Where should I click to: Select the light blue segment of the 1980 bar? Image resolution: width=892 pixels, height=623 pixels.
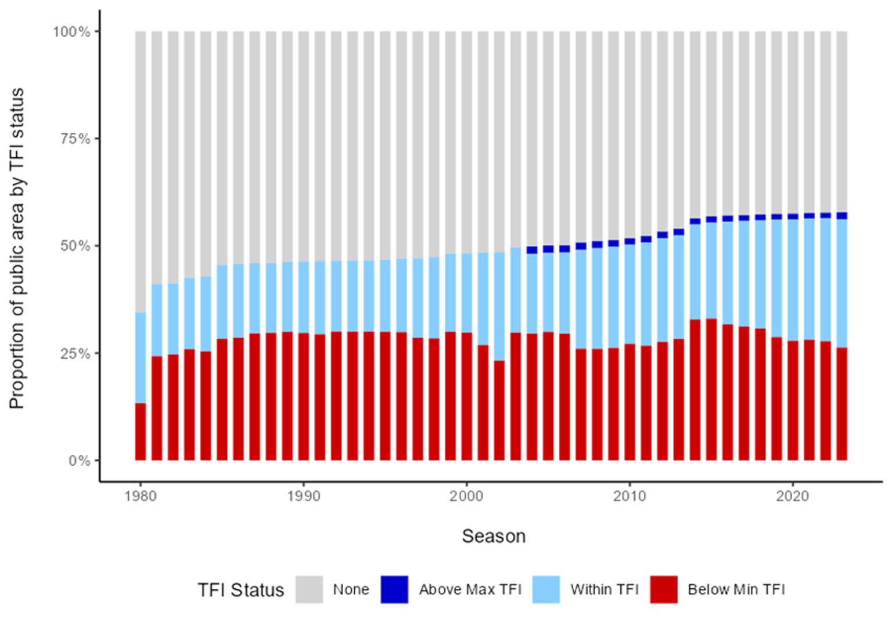[140, 357]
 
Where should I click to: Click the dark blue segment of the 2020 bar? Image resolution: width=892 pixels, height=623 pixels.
[793, 216]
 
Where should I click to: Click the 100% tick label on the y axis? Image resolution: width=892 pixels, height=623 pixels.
[71, 32]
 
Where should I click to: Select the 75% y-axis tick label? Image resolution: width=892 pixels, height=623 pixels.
[75, 139]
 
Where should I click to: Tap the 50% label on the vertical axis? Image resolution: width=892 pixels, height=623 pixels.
[75, 246]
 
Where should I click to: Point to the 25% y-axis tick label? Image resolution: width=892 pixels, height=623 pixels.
[75, 353]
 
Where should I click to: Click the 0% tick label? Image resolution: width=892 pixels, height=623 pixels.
[79, 461]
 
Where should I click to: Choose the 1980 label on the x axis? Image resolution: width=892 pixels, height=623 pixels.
[140, 497]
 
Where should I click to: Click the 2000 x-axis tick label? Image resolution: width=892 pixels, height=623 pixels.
[466, 497]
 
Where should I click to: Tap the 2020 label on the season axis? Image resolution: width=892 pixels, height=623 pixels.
[793, 497]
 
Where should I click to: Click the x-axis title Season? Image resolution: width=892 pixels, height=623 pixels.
[494, 536]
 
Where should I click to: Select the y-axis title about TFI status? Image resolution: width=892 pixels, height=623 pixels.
[17, 248]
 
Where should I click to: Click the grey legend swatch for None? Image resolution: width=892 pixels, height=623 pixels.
[309, 589]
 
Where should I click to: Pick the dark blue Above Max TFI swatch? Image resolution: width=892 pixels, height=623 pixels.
[394, 589]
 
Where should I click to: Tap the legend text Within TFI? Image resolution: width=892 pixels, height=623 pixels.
[604, 589]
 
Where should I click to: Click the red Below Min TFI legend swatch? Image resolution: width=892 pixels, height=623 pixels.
[664, 589]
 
